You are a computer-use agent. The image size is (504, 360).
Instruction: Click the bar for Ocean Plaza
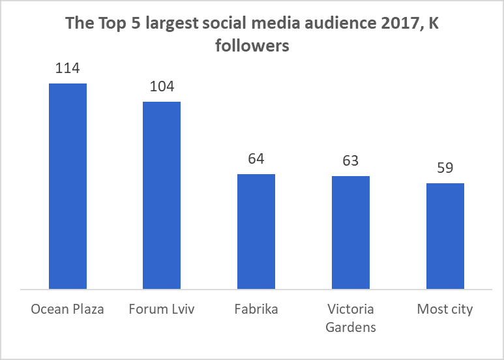click(x=68, y=186)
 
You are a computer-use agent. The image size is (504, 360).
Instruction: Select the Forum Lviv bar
click(x=162, y=195)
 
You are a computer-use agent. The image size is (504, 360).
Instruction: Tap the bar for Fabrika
click(x=256, y=231)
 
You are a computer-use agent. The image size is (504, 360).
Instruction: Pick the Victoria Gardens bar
click(x=351, y=232)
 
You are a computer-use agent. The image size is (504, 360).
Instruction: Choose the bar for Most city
click(x=445, y=235)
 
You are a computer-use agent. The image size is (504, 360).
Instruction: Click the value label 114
click(x=68, y=68)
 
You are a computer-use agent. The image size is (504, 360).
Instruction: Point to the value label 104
click(x=162, y=86)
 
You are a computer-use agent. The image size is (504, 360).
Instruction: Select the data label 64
click(x=256, y=158)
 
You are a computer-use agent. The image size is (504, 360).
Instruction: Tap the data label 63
click(x=351, y=160)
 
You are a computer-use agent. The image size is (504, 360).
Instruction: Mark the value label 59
click(x=445, y=168)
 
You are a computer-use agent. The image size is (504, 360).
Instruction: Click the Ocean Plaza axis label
click(x=68, y=309)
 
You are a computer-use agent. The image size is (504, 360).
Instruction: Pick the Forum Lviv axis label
click(x=162, y=309)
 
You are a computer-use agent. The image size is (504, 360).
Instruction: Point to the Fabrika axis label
click(x=256, y=309)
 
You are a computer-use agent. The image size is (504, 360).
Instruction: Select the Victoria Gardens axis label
click(x=351, y=318)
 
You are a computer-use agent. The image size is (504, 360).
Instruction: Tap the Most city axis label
click(x=445, y=309)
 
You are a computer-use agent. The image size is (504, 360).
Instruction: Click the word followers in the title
click(x=252, y=47)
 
